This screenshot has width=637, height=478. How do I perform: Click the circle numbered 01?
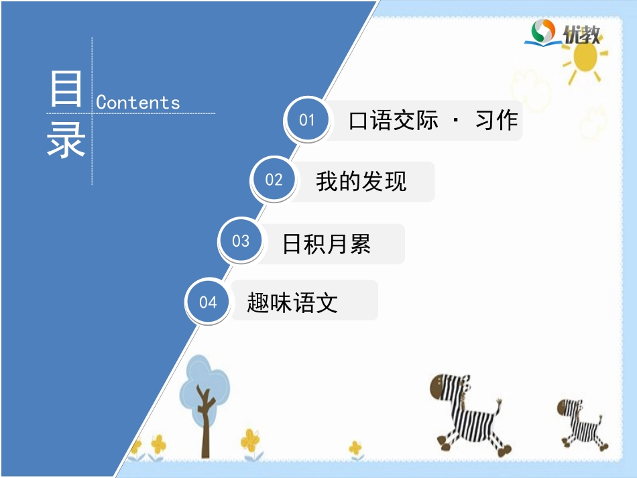(307, 121)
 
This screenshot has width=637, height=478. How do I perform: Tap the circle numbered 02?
(274, 180)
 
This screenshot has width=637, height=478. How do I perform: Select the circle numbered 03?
(241, 241)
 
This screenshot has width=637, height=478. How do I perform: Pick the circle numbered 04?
(208, 302)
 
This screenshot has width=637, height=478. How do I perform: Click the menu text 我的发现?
(361, 181)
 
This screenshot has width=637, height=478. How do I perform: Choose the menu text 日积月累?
(327, 244)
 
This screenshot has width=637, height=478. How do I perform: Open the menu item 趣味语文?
(292, 303)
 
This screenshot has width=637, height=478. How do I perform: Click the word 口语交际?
(394, 121)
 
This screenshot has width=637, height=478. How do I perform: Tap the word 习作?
(496, 121)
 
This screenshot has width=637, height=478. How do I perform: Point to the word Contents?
(138, 103)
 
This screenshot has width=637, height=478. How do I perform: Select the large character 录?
(66, 139)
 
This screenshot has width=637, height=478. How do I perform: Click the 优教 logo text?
(581, 34)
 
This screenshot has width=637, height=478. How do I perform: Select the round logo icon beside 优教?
(543, 32)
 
